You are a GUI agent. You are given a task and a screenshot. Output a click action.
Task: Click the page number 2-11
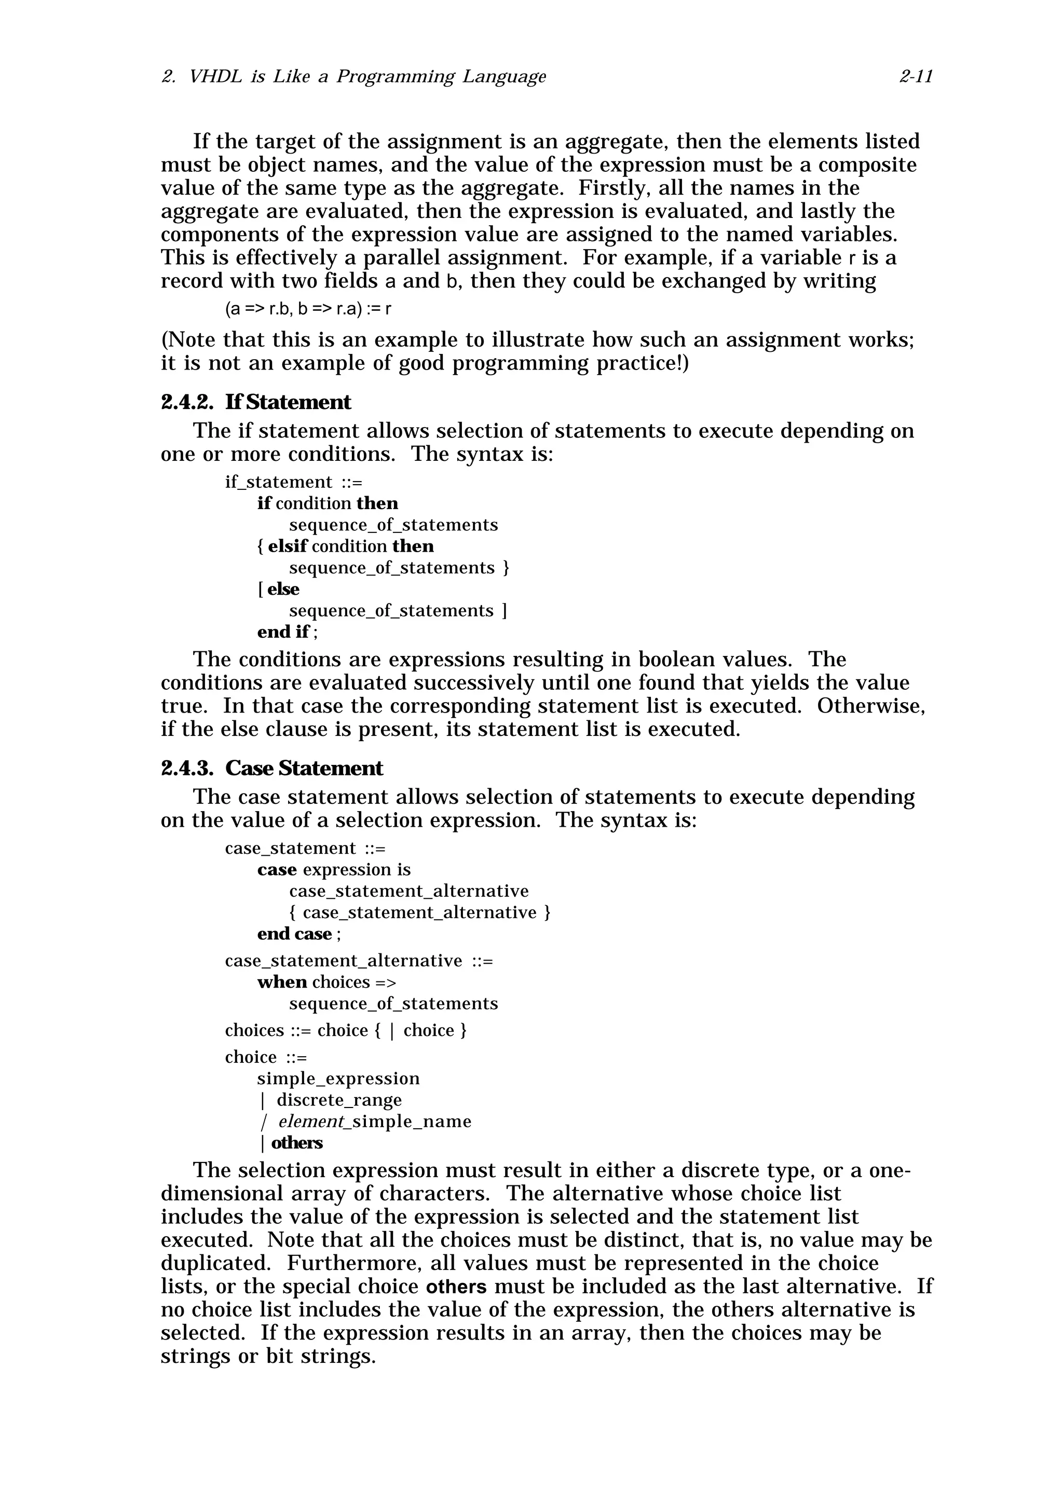pyautogui.click(x=916, y=77)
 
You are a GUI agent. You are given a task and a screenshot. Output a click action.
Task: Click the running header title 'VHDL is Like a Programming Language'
pyautogui.click(x=367, y=77)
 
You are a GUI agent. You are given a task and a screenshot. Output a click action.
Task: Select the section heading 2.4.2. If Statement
pyautogui.click(x=255, y=402)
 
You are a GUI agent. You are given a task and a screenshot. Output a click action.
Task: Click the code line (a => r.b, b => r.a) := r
pyautogui.click(x=308, y=308)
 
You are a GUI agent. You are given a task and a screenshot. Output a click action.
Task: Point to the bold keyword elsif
pyautogui.click(x=288, y=546)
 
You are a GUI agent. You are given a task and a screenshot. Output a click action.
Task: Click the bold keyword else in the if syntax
pyautogui.click(x=283, y=589)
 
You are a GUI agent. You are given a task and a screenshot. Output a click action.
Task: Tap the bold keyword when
pyautogui.click(x=282, y=982)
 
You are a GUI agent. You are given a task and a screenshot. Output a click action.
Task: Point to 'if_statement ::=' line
pyautogui.click(x=293, y=482)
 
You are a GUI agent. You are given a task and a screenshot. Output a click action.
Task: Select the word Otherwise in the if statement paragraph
pyautogui.click(x=870, y=706)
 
